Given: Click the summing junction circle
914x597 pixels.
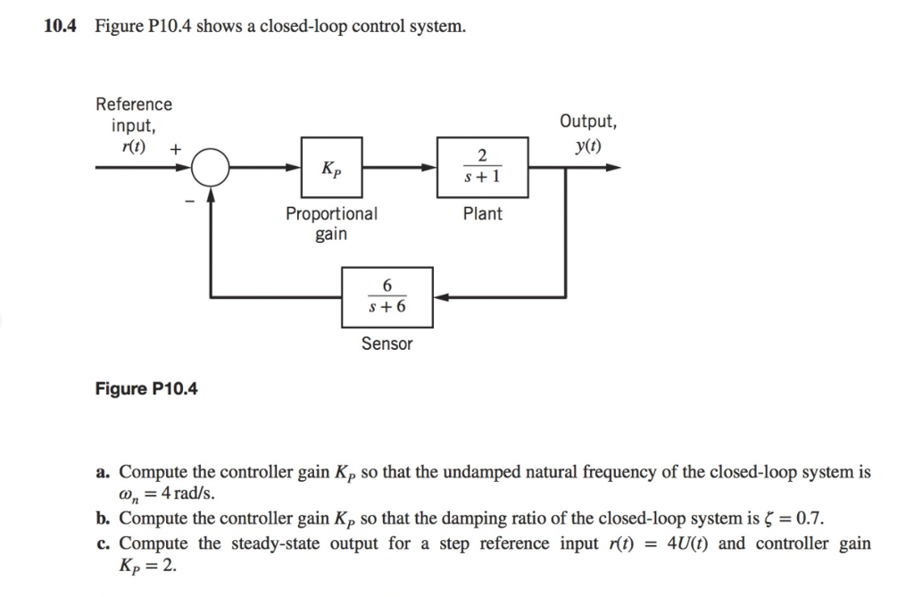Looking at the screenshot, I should (211, 167).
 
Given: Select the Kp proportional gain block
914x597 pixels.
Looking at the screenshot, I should (331, 167).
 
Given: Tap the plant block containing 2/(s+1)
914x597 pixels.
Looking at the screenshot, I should (482, 167).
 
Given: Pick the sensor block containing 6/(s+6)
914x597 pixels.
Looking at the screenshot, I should (387, 296).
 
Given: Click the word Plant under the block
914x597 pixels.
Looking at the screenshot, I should (482, 214).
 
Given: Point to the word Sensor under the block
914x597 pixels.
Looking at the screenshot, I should (387, 344).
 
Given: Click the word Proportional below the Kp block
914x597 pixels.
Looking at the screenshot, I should (331, 214).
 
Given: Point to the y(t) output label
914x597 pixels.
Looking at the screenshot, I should (587, 145).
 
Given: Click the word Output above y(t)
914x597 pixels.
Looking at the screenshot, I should (587, 122).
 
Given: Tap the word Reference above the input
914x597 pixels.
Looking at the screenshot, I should (134, 104).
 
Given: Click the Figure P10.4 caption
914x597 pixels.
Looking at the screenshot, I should (147, 389).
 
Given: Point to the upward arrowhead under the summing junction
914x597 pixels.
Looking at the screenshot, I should (211, 195).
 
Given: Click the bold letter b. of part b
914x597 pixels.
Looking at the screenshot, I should (104, 518).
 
